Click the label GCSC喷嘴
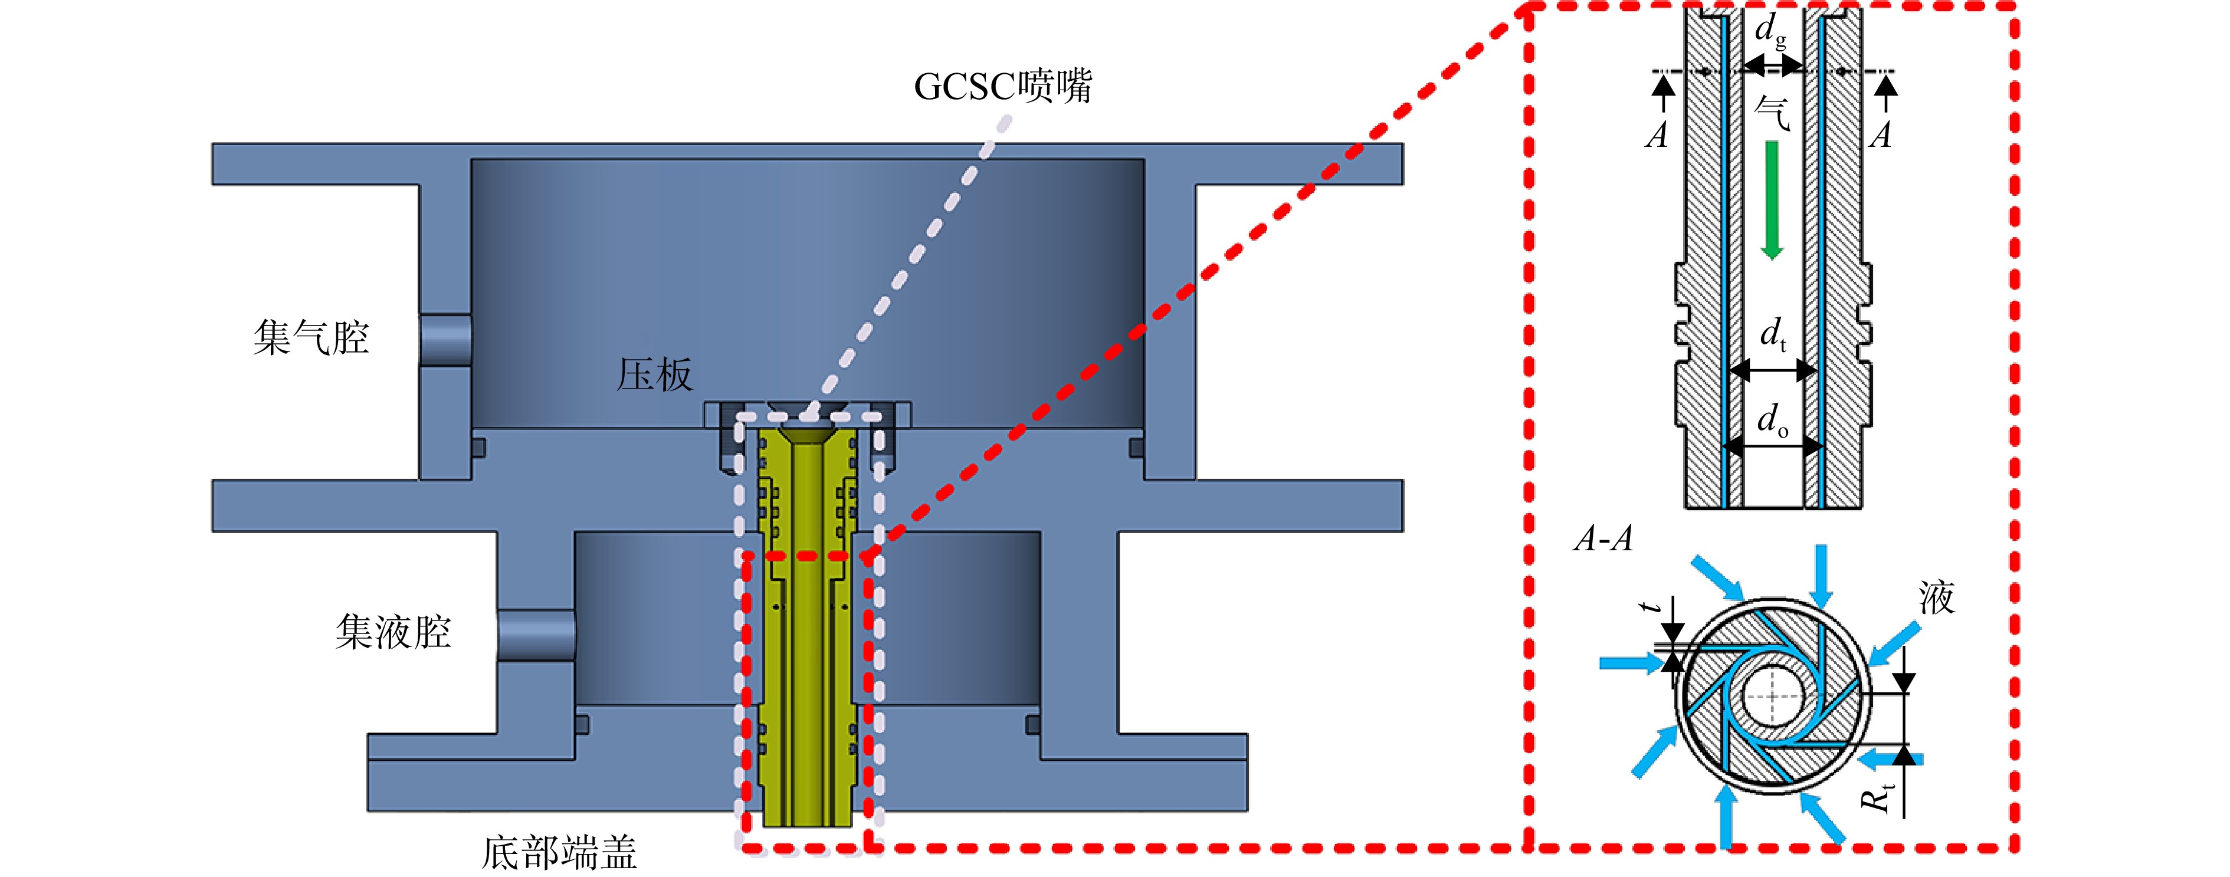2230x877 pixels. tap(1002, 86)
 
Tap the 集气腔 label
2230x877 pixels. tap(311, 337)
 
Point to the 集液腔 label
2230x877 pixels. tap(393, 631)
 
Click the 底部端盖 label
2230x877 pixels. tap(559, 853)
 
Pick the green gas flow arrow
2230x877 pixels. tap(1772, 200)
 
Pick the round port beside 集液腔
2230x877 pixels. tap(536, 635)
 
